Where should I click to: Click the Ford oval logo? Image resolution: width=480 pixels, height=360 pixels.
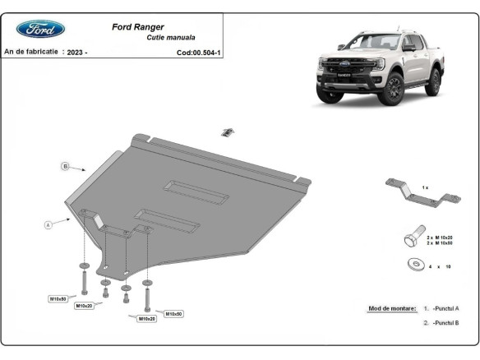[40, 29]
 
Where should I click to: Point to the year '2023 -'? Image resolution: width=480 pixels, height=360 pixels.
[77, 52]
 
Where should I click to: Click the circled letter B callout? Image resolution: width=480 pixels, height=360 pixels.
[65, 167]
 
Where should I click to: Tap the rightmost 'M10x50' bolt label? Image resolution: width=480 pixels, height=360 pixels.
[173, 313]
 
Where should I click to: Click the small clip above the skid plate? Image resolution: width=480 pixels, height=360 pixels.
[228, 132]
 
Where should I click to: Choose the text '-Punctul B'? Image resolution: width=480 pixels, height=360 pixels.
[445, 323]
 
